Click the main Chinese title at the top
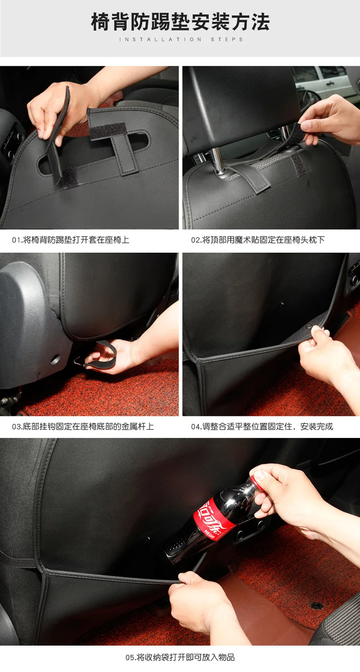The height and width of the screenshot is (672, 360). (180, 22)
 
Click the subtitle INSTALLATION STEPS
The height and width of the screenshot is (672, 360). (181, 39)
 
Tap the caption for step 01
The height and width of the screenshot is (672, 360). (71, 240)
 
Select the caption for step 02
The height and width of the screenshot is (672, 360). (258, 240)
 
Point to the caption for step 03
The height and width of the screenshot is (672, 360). (83, 426)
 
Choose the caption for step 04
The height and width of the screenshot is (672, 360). (262, 426)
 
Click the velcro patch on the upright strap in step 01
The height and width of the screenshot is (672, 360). (108, 131)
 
